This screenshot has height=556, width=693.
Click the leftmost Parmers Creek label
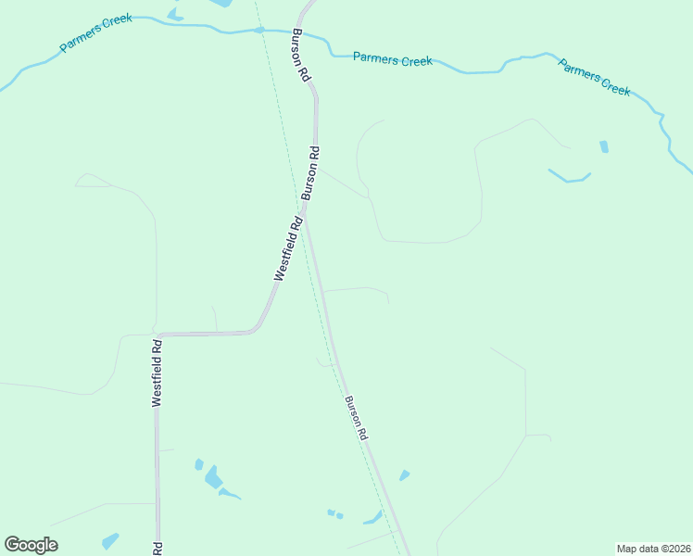coord(96,32)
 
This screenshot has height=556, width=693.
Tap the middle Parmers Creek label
coord(393,60)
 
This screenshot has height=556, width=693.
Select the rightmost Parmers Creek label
coord(595,77)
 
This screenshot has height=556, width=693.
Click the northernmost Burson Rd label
coord(300,57)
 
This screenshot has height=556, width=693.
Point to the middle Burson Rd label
coord(311,173)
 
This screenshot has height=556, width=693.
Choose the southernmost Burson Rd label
coord(357,418)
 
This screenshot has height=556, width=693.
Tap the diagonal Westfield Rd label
coord(289,248)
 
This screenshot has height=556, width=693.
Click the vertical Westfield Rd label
coord(157,373)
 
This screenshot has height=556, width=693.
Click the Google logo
coord(31,545)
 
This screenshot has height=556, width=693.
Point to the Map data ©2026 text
coord(652,549)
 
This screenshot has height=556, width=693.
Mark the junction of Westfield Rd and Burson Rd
coord(306,217)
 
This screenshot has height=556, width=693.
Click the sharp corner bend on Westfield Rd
coord(158,335)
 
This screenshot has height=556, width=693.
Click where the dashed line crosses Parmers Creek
coord(259,31)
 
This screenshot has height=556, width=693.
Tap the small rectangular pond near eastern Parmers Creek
coord(604,146)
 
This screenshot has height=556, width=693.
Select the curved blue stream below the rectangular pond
coord(569,177)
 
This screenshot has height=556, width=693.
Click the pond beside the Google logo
coord(110,539)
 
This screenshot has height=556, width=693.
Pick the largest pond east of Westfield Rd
coord(213,477)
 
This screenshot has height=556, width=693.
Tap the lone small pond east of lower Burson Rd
coord(404,475)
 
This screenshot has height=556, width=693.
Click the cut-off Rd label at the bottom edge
coord(157,548)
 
